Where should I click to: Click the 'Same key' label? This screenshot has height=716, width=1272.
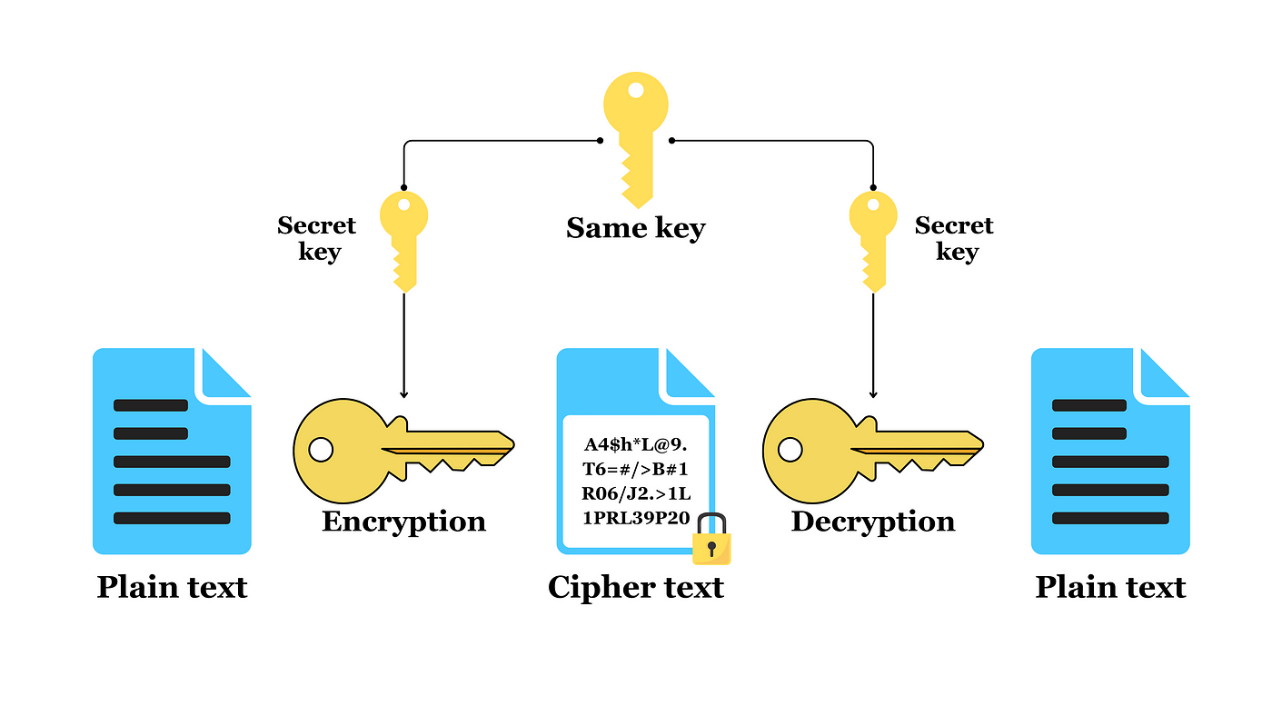(635, 228)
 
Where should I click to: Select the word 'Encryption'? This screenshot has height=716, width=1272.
(403, 522)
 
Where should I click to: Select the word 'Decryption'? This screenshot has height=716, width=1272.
(873, 522)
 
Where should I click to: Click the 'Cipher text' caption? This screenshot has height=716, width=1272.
(635, 587)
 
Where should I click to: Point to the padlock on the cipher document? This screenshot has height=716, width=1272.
(711, 539)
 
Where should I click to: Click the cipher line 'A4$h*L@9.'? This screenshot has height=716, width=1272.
(635, 444)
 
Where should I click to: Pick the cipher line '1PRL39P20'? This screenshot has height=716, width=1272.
(636, 518)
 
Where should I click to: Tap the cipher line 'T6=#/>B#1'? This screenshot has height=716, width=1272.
(635, 469)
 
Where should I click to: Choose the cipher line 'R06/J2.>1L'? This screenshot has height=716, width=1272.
(636, 493)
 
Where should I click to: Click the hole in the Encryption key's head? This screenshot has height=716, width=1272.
(321, 450)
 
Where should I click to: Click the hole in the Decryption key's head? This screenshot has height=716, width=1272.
(790, 450)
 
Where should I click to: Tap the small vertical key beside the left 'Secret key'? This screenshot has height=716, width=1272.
(403, 242)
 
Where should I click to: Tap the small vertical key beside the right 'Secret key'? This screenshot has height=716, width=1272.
(873, 242)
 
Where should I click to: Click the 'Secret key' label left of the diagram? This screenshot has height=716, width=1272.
(317, 238)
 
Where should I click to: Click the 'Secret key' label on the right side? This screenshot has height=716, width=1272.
(954, 238)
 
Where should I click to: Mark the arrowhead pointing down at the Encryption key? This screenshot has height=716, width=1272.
(403, 394)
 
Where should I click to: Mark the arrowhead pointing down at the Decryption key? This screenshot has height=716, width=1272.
(873, 394)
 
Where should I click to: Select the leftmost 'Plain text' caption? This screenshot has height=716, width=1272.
(172, 587)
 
